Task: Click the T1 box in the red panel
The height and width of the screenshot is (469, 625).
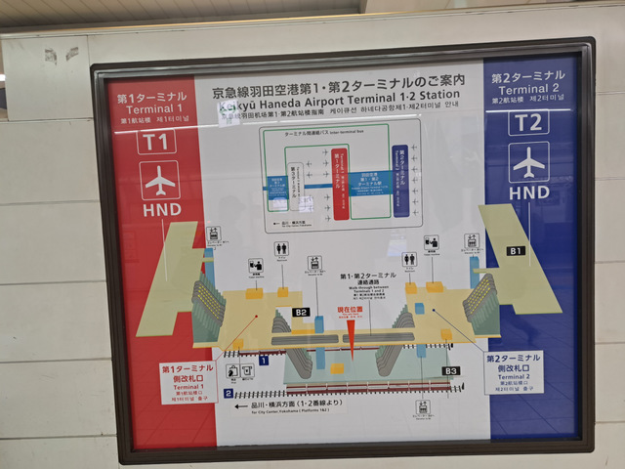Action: coord(157,142)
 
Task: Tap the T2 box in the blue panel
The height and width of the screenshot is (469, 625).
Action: coord(527,122)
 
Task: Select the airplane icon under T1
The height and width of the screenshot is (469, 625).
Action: coord(159,182)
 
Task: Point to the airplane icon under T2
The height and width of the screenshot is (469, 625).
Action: coord(528,162)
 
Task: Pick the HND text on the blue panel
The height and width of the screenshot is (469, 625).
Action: coord(529,192)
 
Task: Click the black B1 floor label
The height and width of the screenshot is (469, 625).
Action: coord(516,251)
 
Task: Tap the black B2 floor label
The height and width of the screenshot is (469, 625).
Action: coord(301,313)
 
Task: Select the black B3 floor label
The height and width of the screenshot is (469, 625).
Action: coord(450,371)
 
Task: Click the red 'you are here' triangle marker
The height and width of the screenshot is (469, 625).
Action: coord(351,335)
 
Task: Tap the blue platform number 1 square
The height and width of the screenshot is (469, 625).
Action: coord(264,361)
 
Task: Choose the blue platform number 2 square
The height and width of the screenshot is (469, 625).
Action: coord(228,394)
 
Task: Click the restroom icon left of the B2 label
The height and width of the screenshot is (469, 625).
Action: coord(281,250)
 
